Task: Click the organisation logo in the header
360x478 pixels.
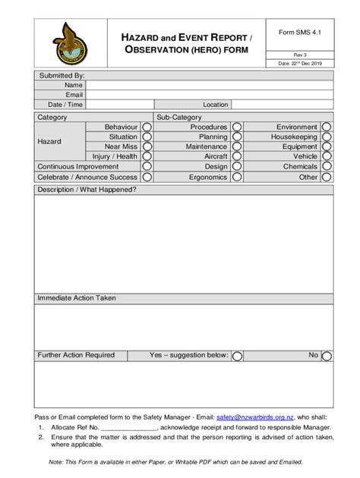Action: coord(69,42)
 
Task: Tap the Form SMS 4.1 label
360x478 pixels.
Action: coord(300,33)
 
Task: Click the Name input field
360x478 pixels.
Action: coord(208,86)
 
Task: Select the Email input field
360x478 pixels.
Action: coord(208,96)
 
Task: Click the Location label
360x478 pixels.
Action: coord(215,105)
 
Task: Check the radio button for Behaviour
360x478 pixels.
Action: coord(147,127)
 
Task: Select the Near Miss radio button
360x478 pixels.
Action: coord(147,147)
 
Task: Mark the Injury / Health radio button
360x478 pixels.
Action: coord(147,157)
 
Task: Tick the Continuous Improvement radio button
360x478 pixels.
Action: coord(147,167)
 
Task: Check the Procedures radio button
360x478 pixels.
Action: coord(237,127)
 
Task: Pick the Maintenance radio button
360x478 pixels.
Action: coord(237,147)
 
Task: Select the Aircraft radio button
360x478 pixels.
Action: coord(237,157)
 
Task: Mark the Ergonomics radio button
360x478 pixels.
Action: coord(237,177)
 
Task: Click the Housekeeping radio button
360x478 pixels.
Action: coord(327,137)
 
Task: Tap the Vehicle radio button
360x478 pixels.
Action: coord(327,157)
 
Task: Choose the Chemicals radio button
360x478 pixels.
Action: coord(327,167)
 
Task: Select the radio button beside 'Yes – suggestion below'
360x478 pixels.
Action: coord(237,356)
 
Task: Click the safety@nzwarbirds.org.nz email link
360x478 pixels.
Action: coord(254,417)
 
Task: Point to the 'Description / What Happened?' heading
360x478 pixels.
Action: coord(87,190)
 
